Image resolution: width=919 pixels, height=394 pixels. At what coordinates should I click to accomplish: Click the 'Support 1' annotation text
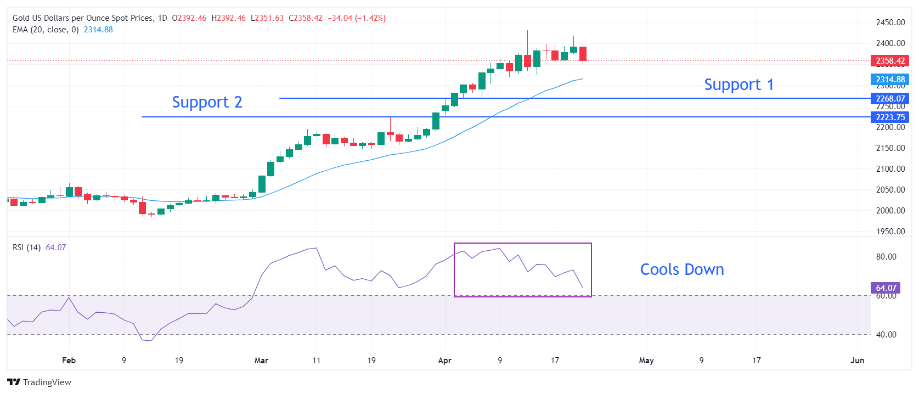click(x=738, y=85)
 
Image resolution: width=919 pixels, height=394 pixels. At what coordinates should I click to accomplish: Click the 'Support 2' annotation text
click(x=207, y=102)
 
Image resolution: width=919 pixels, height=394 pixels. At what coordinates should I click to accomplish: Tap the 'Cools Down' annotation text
click(x=682, y=269)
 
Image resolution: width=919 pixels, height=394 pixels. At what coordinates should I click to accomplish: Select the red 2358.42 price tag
click(x=889, y=61)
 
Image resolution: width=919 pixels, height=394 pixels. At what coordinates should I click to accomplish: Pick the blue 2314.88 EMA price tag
click(x=889, y=80)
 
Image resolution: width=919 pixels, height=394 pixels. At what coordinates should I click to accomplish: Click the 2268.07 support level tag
click(x=889, y=99)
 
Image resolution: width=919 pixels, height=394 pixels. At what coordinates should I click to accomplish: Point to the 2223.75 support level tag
click(x=889, y=117)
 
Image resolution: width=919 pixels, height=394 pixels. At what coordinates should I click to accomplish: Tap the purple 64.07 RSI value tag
click(x=885, y=288)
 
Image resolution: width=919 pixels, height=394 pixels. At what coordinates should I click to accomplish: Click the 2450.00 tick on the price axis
click(x=890, y=22)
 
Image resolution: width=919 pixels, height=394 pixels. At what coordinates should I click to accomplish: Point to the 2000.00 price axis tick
click(x=890, y=210)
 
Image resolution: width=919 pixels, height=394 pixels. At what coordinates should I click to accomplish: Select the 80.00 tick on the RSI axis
click(x=886, y=256)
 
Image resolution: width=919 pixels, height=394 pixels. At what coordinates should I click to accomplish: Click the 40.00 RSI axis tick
click(x=886, y=334)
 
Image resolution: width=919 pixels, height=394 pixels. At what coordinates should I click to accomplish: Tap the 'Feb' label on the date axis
click(x=69, y=361)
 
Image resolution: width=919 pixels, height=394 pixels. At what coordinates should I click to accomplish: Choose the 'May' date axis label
click(x=646, y=361)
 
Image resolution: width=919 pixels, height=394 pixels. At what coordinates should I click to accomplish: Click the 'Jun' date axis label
click(x=857, y=361)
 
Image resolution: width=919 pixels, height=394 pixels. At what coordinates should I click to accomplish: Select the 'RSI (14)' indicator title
click(x=26, y=247)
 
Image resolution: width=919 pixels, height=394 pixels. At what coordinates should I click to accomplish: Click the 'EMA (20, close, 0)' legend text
click(x=46, y=30)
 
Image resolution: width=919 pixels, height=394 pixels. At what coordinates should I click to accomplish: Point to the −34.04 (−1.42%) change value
click(x=357, y=18)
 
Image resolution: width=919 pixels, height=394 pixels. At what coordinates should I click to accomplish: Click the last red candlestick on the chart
click(x=583, y=54)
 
